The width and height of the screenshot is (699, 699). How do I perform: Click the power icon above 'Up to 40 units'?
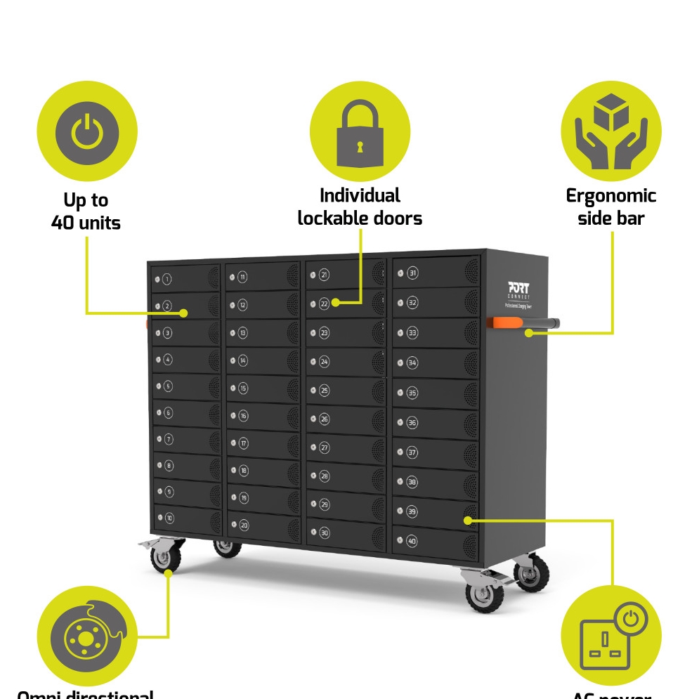(86, 132)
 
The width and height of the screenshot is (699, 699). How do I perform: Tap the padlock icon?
(360, 133)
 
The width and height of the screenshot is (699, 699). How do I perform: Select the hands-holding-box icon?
(610, 131)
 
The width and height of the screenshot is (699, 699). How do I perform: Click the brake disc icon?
(87, 636)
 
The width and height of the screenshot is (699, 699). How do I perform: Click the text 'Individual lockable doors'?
(360, 207)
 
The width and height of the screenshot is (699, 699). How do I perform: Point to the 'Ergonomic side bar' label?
(610, 207)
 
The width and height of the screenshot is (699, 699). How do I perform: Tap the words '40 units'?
(86, 223)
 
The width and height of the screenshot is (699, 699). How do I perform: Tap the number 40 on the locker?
(412, 541)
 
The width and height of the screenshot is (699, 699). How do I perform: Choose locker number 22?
(344, 303)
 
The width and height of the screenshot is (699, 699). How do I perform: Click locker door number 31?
(436, 273)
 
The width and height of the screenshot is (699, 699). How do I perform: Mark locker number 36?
(436, 422)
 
